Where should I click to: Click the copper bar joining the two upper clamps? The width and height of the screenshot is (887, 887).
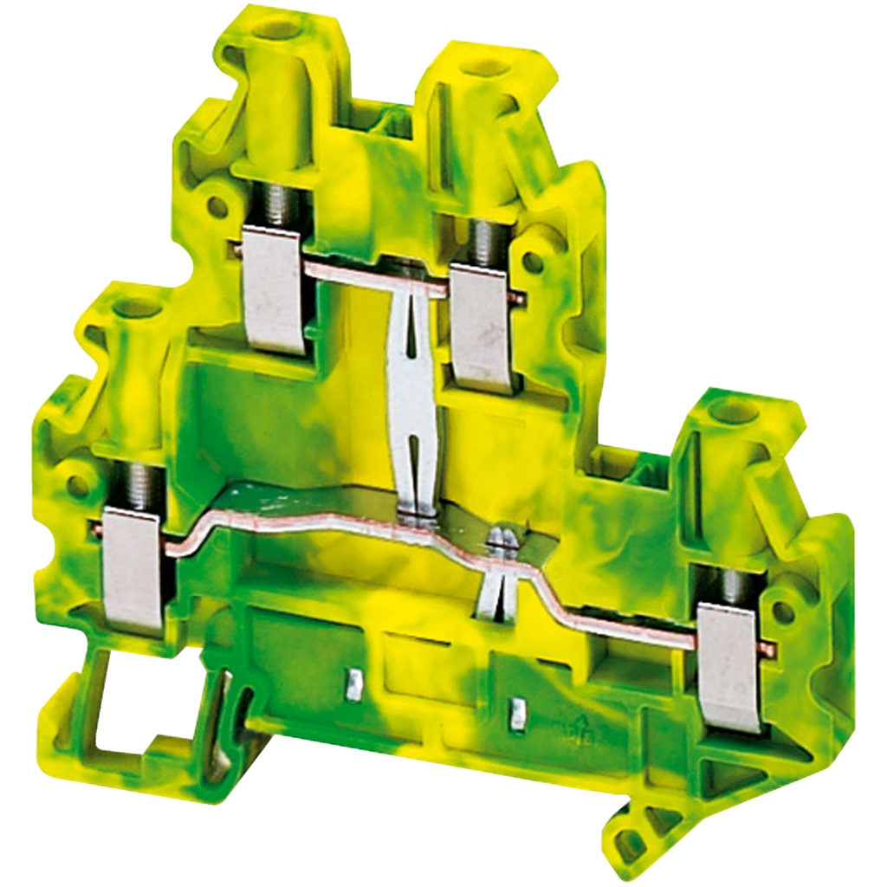[x=377, y=279]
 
